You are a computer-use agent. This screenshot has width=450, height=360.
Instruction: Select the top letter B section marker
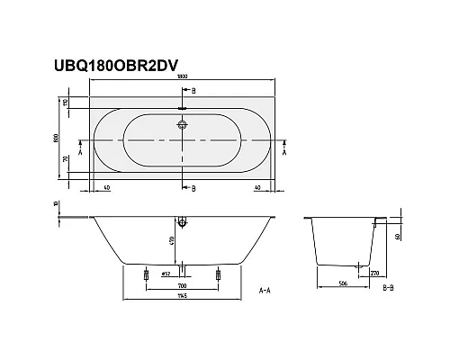click(x=193, y=93)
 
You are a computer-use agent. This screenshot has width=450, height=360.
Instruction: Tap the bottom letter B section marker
click(x=193, y=188)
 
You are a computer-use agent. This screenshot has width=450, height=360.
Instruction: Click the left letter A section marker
click(x=82, y=154)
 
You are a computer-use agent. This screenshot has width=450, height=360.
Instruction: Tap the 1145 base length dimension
click(x=184, y=300)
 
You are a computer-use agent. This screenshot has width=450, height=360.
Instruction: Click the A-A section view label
click(x=265, y=292)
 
